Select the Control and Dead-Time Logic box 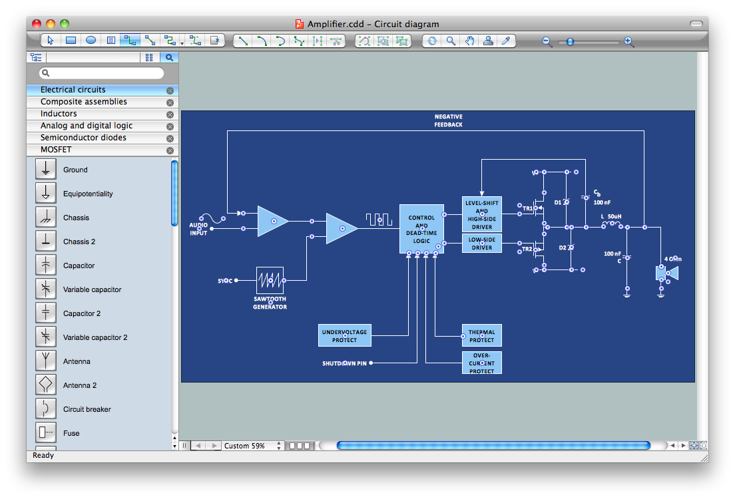pyautogui.click(x=421, y=228)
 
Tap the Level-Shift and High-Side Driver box pyautogui.click(x=481, y=214)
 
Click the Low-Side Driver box pyautogui.click(x=481, y=243)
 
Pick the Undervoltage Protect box pyautogui.click(x=344, y=336)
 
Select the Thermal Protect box pyautogui.click(x=481, y=336)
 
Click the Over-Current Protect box pyautogui.click(x=481, y=363)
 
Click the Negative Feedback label pyautogui.click(x=448, y=120)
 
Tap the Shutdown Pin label pyautogui.click(x=344, y=363)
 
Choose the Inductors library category pyautogui.click(x=59, y=114)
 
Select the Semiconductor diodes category pyautogui.click(x=83, y=138)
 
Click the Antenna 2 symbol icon pyautogui.click(x=46, y=385)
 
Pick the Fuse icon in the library pyautogui.click(x=46, y=433)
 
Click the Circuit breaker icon pyautogui.click(x=46, y=409)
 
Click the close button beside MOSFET pyautogui.click(x=170, y=150)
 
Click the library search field pyautogui.click(x=102, y=73)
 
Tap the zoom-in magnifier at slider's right pyautogui.click(x=628, y=42)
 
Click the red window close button pyautogui.click(x=36, y=24)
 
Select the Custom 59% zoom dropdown pyautogui.click(x=252, y=446)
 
